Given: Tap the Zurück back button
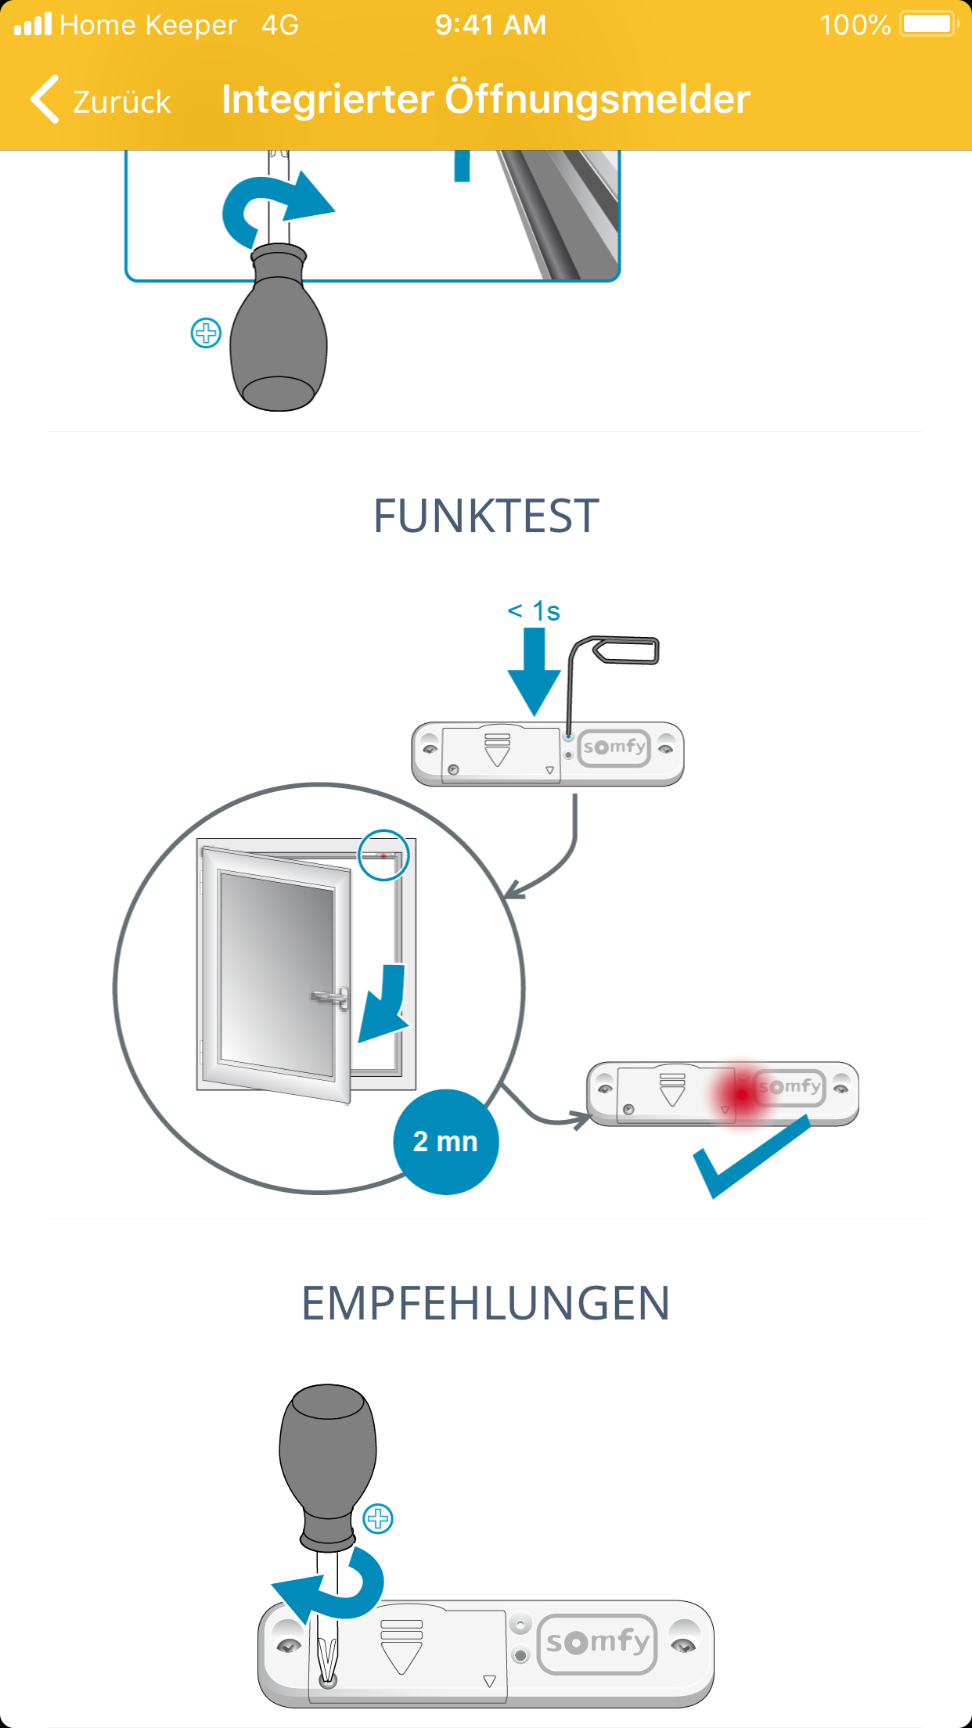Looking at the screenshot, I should click(100, 100).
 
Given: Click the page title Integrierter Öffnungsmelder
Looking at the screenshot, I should click(485, 99).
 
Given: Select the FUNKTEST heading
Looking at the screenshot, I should click(486, 517).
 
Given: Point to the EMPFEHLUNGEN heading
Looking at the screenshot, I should click(485, 1303).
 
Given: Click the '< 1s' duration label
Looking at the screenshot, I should click(534, 611).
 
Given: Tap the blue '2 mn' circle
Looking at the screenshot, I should click(445, 1142).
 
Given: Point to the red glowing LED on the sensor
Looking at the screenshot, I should click(741, 1094).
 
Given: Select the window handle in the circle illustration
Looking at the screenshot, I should click(332, 997).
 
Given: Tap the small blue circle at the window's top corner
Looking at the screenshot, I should click(383, 855).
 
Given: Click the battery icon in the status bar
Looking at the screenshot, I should click(928, 24).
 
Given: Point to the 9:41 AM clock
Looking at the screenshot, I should click(491, 25).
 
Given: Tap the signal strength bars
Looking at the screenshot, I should click(33, 25).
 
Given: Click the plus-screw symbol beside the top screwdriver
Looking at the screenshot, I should click(206, 333).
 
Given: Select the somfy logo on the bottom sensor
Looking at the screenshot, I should click(597, 1642).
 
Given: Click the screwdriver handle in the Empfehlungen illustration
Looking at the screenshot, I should click(328, 1456).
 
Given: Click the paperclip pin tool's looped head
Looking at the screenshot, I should click(626, 651).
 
